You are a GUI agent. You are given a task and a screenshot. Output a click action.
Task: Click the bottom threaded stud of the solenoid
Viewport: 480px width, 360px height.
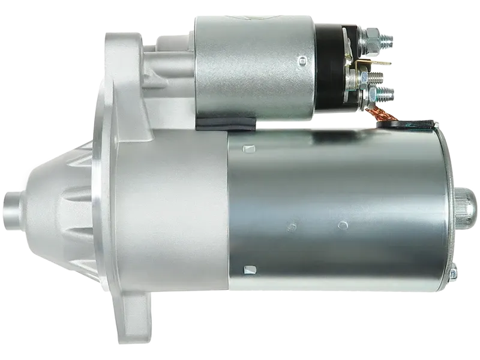386,94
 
